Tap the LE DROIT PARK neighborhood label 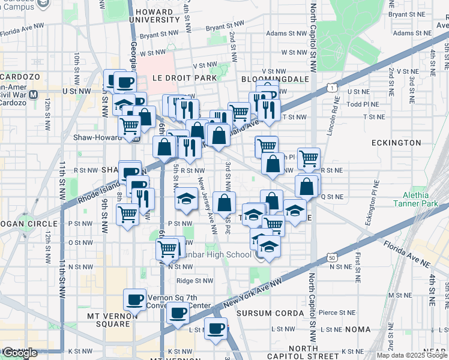[183, 78]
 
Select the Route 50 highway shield [331, 257]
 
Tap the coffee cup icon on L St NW [215, 328]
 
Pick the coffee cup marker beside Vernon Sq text [135, 299]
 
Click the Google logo [20, 353]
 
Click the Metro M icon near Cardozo [34, 94]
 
